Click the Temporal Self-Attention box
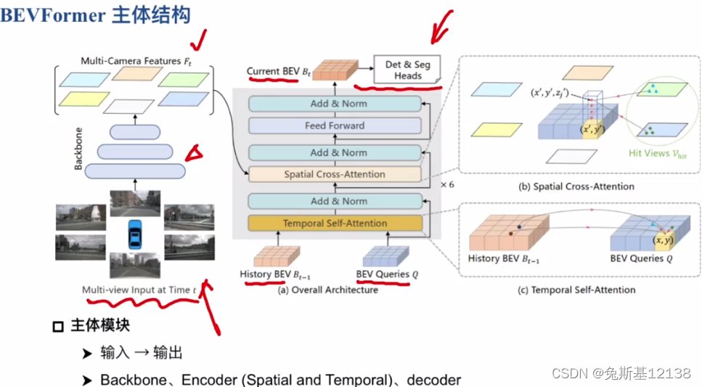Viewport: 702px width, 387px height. click(335, 224)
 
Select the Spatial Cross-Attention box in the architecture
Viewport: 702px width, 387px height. click(335, 175)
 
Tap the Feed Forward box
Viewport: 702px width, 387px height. click(335, 126)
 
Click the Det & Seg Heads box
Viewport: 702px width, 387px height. click(407, 70)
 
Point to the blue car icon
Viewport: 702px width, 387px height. click(134, 234)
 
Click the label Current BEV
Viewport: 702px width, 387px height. click(273, 71)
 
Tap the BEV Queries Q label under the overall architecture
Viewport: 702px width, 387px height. click(388, 274)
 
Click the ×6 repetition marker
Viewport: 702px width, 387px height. click(447, 185)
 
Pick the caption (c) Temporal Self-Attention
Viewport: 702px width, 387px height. click(579, 290)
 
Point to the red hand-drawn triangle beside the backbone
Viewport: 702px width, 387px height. click(194, 152)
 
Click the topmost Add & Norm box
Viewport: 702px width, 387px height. click(335, 104)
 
